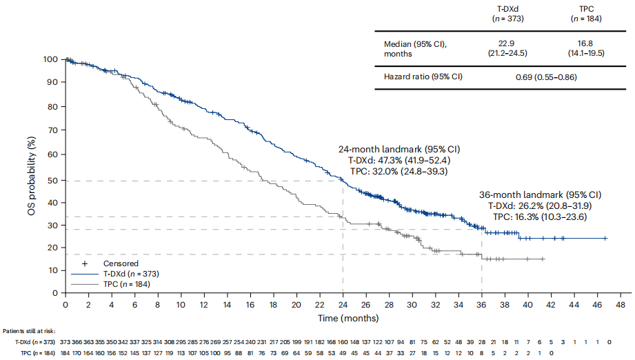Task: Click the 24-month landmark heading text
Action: click(399, 149)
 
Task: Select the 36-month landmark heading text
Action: click(540, 194)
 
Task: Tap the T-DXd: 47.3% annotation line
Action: click(399, 159)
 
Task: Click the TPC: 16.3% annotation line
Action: click(540, 216)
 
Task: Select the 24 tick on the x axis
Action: click(343, 304)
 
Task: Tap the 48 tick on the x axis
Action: click(620, 304)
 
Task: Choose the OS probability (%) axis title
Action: click(31, 175)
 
